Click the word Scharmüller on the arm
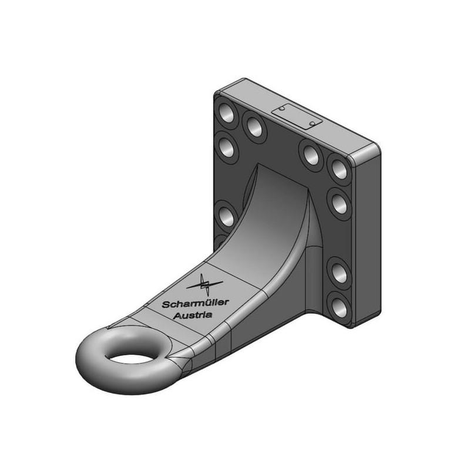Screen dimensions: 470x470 click(195, 303)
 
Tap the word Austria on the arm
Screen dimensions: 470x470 click(193, 315)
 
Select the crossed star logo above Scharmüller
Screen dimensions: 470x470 click(204, 284)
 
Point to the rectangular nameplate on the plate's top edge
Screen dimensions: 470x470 click(297, 116)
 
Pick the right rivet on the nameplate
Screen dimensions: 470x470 click(313, 123)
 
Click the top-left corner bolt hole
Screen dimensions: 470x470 click(227, 113)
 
